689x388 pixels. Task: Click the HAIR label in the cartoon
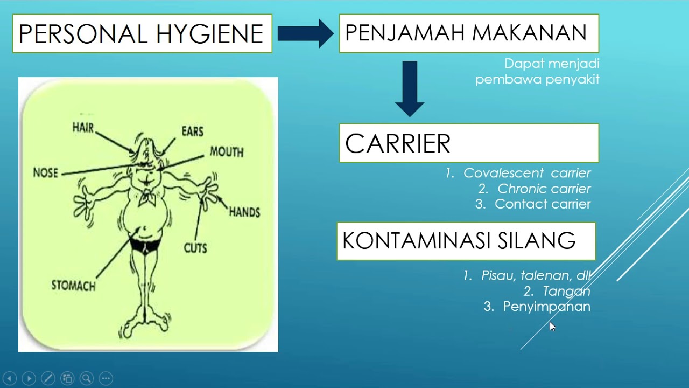[83, 128]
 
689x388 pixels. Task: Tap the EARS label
[192, 131]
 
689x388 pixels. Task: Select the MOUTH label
[226, 152]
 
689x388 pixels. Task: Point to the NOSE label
[45, 173]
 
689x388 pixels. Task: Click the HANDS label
[244, 212]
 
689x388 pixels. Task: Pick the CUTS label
[195, 248]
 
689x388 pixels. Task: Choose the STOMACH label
[73, 286]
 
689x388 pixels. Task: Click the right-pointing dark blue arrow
[305, 33]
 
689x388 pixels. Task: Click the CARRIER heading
[398, 144]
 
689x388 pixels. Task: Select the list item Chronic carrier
[544, 189]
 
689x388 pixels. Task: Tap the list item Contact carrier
[542, 204]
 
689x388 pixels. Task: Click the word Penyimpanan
[546, 307]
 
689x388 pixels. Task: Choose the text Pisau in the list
[498, 276]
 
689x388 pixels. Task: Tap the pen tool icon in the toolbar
[47, 378]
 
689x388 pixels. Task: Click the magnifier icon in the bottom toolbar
[86, 378]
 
